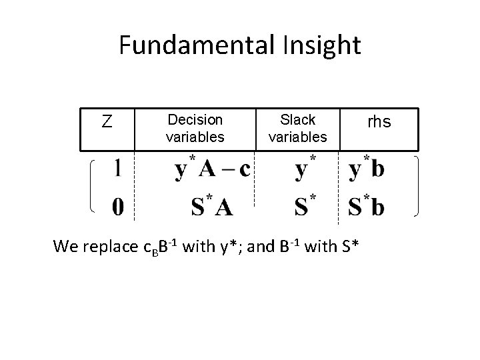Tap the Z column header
tap(106, 122)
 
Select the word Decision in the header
tap(195, 120)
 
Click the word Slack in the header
tap(297, 120)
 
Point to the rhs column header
tap(379, 122)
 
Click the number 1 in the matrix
tap(117, 169)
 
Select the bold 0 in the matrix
tap(117, 208)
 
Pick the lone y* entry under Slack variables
tap(305, 169)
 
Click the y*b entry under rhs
tap(367, 169)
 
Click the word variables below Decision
tap(195, 137)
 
